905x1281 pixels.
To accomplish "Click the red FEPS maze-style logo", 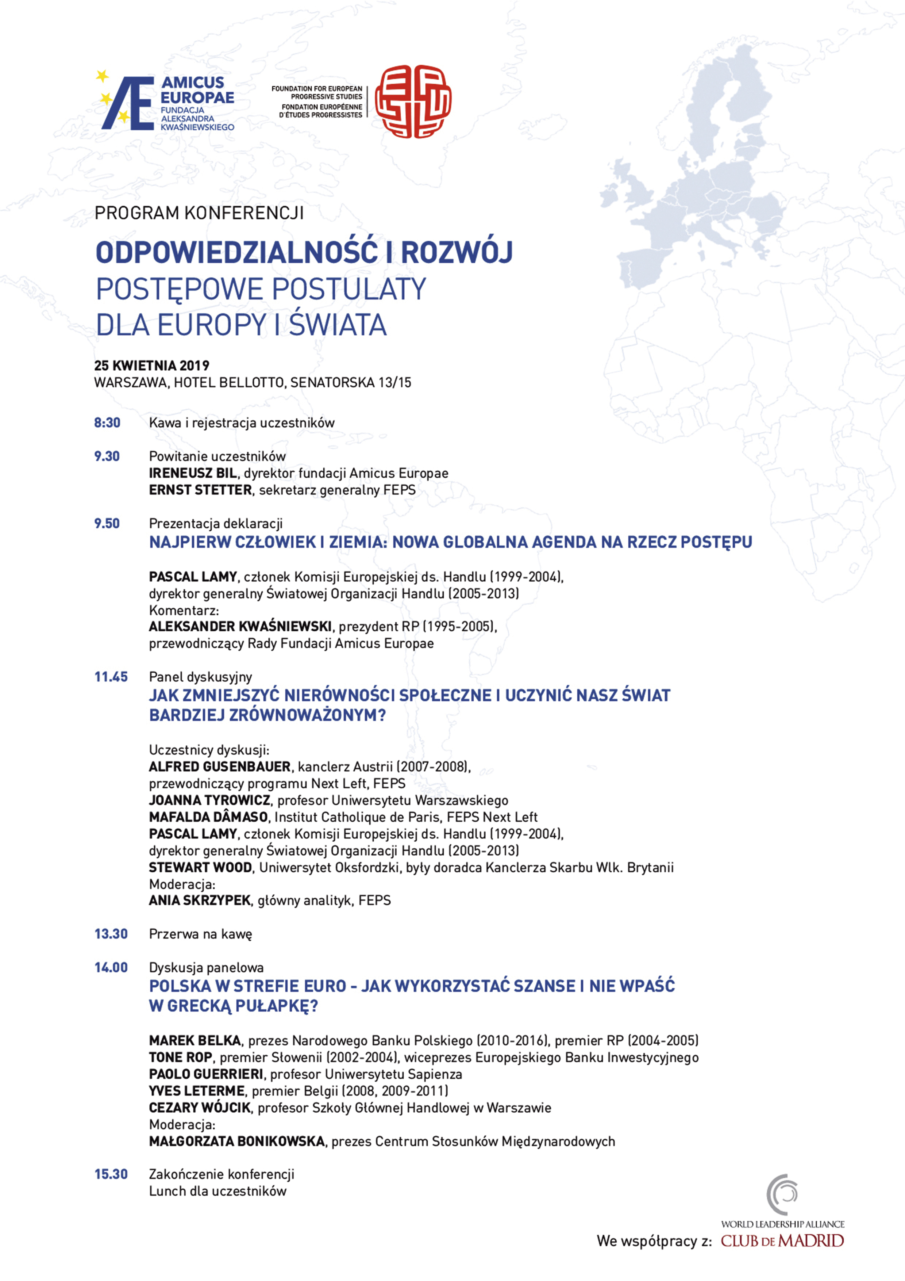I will (413, 102).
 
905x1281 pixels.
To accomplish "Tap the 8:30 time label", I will (107, 423).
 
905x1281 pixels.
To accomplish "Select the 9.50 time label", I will (107, 523).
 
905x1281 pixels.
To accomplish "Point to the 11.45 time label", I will (111, 677).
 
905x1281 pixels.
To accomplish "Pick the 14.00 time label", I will (111, 967).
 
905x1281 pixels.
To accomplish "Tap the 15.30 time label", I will (111, 1174).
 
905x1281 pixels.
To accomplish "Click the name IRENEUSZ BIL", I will (192, 473).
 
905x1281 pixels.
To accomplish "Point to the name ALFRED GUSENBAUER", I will (220, 766).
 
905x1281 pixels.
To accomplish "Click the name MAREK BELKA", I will (195, 1040).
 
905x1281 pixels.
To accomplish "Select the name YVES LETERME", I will (197, 1091).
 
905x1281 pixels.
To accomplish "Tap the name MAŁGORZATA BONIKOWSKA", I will (237, 1141).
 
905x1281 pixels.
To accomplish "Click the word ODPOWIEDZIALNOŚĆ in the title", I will (236, 252).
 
